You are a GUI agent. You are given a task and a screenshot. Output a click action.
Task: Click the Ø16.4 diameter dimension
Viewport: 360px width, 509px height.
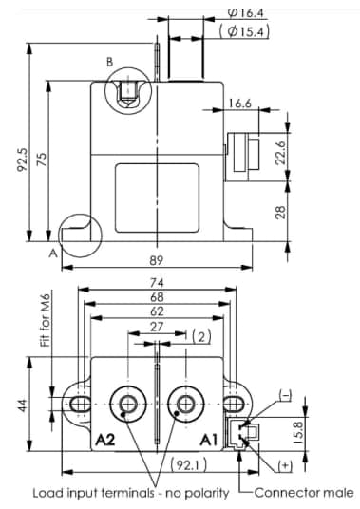(245, 13)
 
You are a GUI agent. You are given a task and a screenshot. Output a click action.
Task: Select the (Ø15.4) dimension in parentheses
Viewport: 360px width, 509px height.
(244, 32)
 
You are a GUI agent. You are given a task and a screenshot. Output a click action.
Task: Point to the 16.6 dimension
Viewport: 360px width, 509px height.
(241, 104)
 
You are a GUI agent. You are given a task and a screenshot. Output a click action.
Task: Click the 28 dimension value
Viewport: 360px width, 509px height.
(281, 212)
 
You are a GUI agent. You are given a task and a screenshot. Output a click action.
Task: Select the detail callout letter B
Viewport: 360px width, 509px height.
(108, 62)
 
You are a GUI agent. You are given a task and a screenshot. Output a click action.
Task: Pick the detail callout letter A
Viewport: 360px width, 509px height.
(53, 254)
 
